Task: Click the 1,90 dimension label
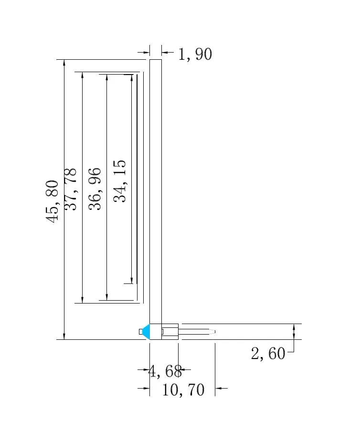coord(195,54)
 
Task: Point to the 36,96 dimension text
coord(95,189)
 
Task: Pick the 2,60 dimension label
coord(268,354)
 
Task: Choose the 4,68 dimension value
coord(165,371)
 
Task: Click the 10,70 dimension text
coord(183,390)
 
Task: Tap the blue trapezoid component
coord(146,331)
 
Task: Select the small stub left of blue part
coord(140,332)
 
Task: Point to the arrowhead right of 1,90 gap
coord(164,52)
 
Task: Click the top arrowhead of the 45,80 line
coord(64,63)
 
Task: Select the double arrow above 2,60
coord(294,332)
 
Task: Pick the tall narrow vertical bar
coord(156,191)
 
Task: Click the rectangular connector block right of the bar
coord(170,331)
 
